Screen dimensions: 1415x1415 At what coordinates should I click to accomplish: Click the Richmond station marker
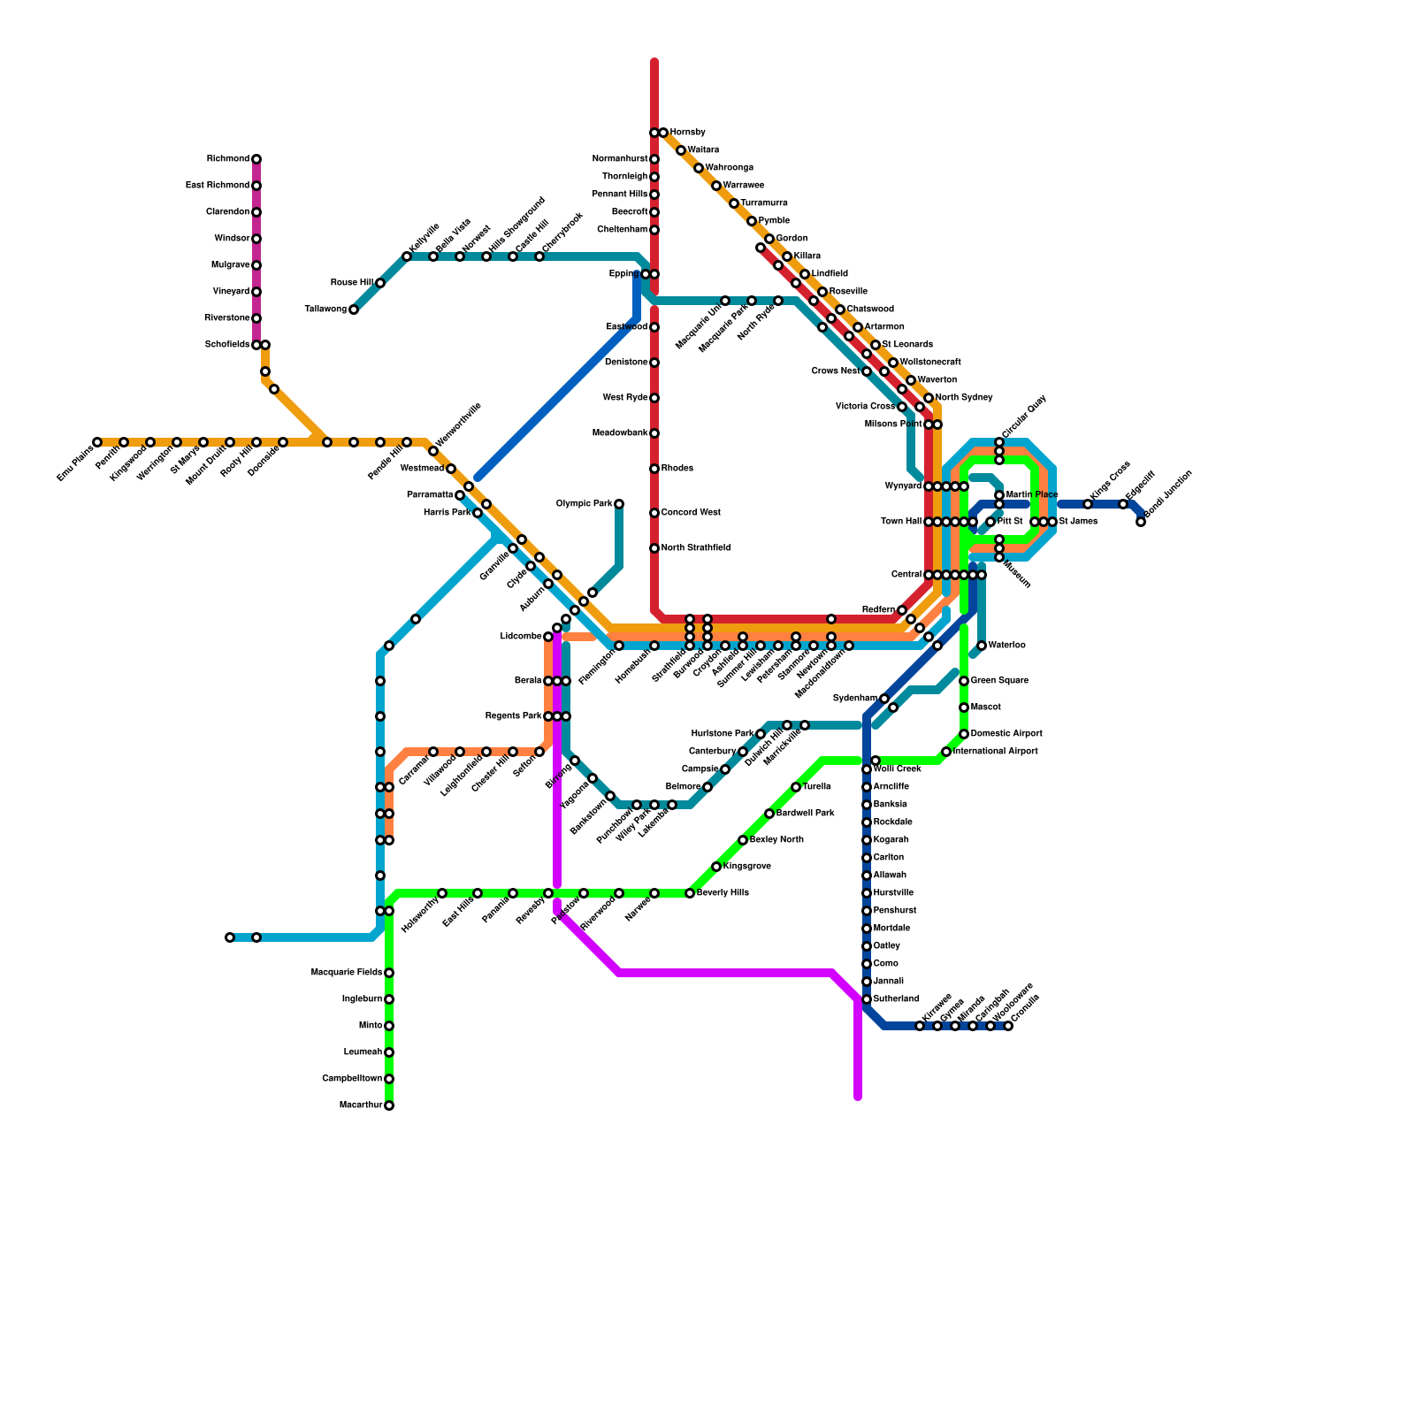[x=256, y=159]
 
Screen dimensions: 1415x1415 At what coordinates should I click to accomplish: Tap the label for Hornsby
[x=687, y=133]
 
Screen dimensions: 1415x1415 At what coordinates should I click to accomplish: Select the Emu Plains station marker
[x=97, y=442]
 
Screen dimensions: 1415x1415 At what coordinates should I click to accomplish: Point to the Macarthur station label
[x=361, y=1105]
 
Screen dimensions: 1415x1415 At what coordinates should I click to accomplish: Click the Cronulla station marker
[x=1008, y=1026]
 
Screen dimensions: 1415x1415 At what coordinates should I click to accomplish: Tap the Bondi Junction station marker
[x=1141, y=522]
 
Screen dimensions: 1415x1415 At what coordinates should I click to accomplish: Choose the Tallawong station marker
[x=354, y=310]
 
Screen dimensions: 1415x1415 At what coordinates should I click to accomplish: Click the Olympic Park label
[x=584, y=504]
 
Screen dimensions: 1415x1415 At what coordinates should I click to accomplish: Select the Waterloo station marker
[x=982, y=646]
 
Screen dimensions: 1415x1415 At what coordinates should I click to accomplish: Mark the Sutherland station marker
[x=867, y=999]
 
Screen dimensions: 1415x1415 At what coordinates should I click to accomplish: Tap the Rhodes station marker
[x=654, y=469]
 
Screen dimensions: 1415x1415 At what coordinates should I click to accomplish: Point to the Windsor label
[x=232, y=239]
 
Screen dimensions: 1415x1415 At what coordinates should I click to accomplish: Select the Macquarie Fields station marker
[x=389, y=973]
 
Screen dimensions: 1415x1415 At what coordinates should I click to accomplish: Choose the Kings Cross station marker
[x=1088, y=504]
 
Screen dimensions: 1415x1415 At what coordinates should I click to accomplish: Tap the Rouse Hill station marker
[x=380, y=283]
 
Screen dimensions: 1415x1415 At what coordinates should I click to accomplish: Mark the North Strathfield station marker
[x=654, y=548]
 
